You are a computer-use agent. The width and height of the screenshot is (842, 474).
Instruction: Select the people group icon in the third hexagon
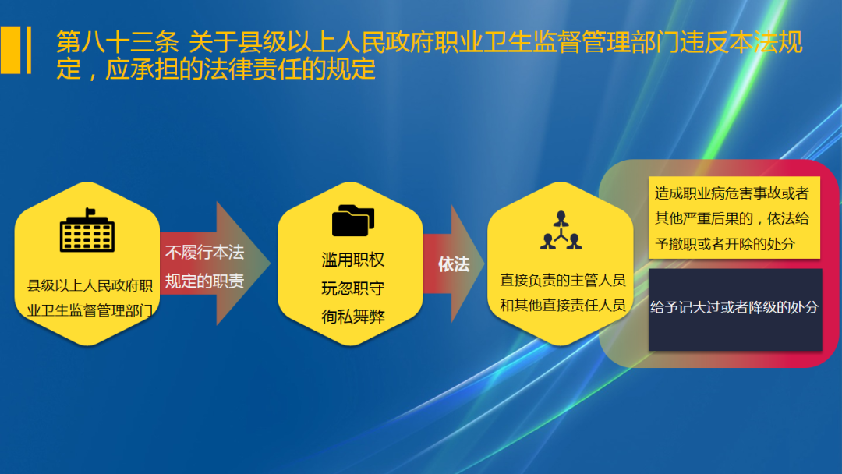coord(561,230)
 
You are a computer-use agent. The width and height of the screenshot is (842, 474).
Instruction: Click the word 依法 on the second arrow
coord(454,264)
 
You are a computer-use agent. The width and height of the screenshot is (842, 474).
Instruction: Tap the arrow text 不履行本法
coord(204,253)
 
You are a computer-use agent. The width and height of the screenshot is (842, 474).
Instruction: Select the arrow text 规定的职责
coord(204,281)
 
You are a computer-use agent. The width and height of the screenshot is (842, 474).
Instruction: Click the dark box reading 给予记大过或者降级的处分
coord(735,309)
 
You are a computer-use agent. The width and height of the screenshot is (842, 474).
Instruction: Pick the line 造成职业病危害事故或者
coord(731,193)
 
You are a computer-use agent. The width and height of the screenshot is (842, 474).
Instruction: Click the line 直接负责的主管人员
coord(563,280)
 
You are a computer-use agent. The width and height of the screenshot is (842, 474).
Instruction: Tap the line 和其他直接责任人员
coord(563,305)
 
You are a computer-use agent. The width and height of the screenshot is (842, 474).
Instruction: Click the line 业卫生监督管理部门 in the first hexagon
coord(90,310)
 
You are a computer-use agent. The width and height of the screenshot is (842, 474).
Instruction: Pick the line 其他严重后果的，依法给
coord(731,218)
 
